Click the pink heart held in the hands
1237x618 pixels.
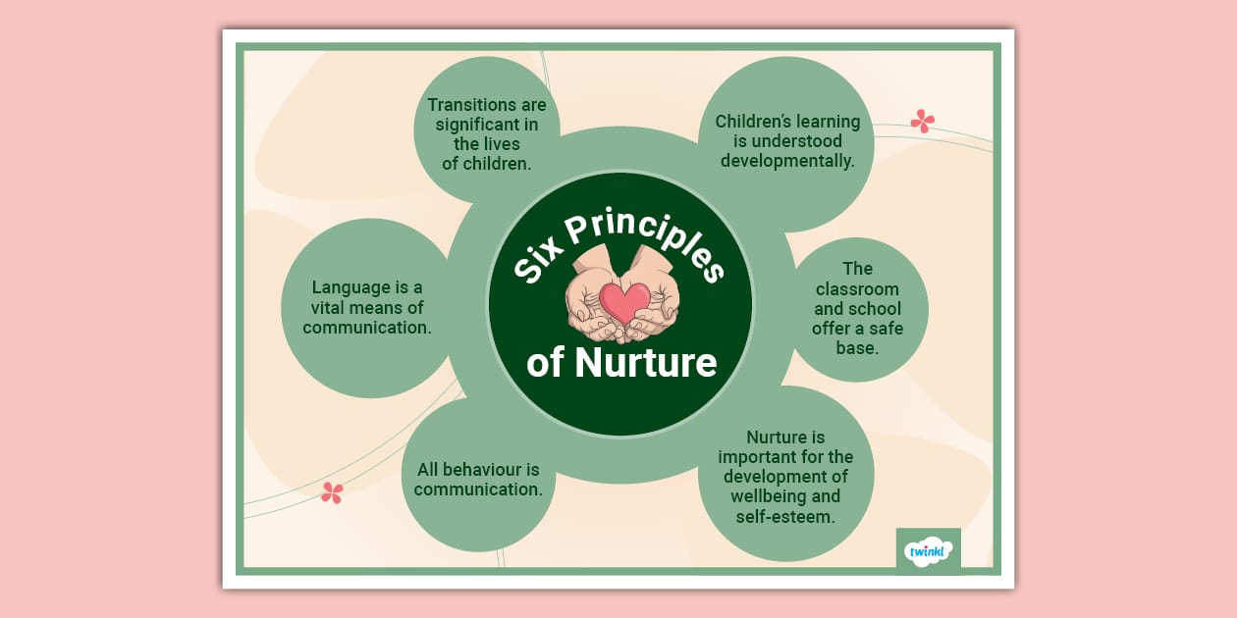click(x=623, y=301)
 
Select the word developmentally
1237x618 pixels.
click(x=787, y=160)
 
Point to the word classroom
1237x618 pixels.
click(x=857, y=289)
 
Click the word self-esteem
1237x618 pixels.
click(x=785, y=515)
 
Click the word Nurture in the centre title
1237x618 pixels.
click(x=645, y=363)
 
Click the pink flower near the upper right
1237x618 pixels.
click(x=922, y=121)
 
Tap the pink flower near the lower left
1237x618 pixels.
click(x=332, y=492)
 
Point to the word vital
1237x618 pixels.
click(x=334, y=308)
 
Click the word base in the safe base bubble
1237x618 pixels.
click(x=857, y=347)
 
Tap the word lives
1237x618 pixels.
click(x=500, y=144)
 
